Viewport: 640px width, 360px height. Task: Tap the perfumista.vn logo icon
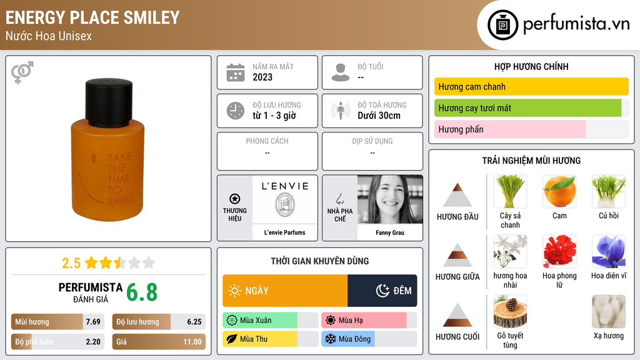pyautogui.click(x=502, y=25)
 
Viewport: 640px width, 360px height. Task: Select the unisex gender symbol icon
pyautogui.click(x=22, y=72)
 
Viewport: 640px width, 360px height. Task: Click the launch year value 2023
pyautogui.click(x=262, y=77)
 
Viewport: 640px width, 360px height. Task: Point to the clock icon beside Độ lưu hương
pyautogui.click(x=236, y=111)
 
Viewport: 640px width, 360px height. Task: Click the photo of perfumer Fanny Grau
pyautogui.click(x=390, y=199)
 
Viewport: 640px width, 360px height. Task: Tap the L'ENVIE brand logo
pyautogui.click(x=285, y=199)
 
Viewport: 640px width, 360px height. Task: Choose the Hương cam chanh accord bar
pyautogui.click(x=531, y=86)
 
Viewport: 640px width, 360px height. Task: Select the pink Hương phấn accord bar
pyautogui.click(x=510, y=129)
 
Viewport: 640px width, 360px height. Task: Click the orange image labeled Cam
pyautogui.click(x=559, y=191)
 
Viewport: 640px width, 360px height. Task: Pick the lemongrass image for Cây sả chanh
pyautogui.click(x=510, y=191)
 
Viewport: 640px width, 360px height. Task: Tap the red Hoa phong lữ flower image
pyautogui.click(x=559, y=251)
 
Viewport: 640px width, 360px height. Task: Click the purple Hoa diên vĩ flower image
pyautogui.click(x=608, y=251)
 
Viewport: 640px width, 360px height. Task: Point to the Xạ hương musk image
pyautogui.click(x=608, y=311)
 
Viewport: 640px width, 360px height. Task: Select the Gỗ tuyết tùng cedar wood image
pyautogui.click(x=510, y=311)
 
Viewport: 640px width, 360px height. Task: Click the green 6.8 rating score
pyautogui.click(x=142, y=292)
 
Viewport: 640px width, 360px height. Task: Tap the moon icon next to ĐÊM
pyautogui.click(x=382, y=291)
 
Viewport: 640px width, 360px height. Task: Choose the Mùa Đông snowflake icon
pyautogui.click(x=330, y=339)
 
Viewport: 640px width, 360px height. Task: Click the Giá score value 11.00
pyautogui.click(x=192, y=342)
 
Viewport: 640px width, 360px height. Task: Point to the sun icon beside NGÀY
pyautogui.click(x=234, y=291)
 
